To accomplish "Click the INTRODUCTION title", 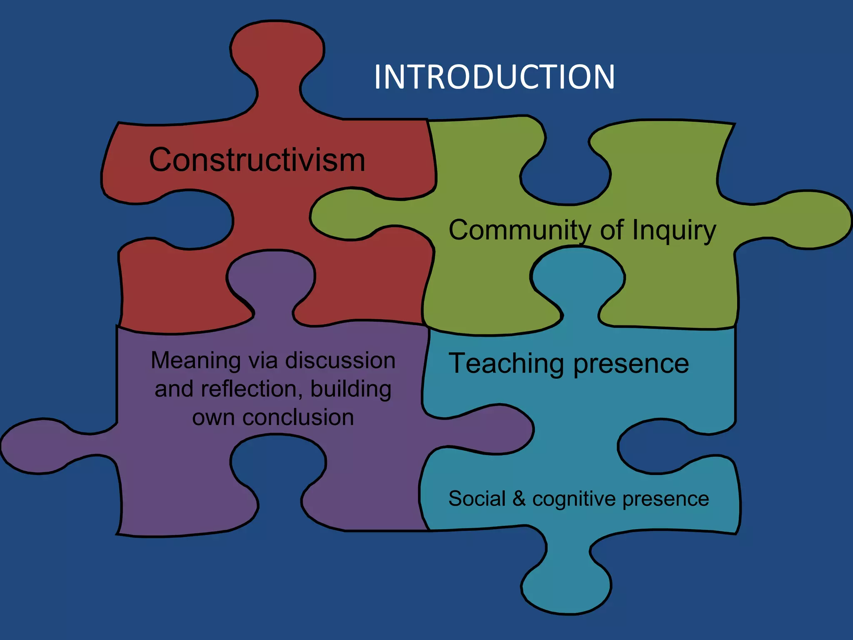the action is pos(494,77).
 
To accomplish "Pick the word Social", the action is pos(477,499).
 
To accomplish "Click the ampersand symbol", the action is pos(519,499).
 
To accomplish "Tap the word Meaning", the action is pos(195,360).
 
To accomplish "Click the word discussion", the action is pos(340,360).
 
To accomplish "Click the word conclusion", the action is pos(298,417).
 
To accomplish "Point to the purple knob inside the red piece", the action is pos(271,277).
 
